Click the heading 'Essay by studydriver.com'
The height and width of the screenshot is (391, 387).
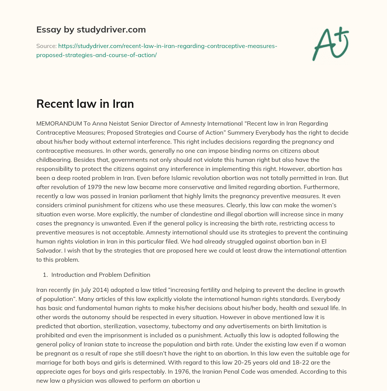click(91, 29)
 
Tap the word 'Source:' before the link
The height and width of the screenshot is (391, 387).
click(46, 46)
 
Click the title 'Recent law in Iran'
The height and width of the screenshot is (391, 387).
click(85, 104)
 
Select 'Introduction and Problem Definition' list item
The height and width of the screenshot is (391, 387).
click(101, 275)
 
